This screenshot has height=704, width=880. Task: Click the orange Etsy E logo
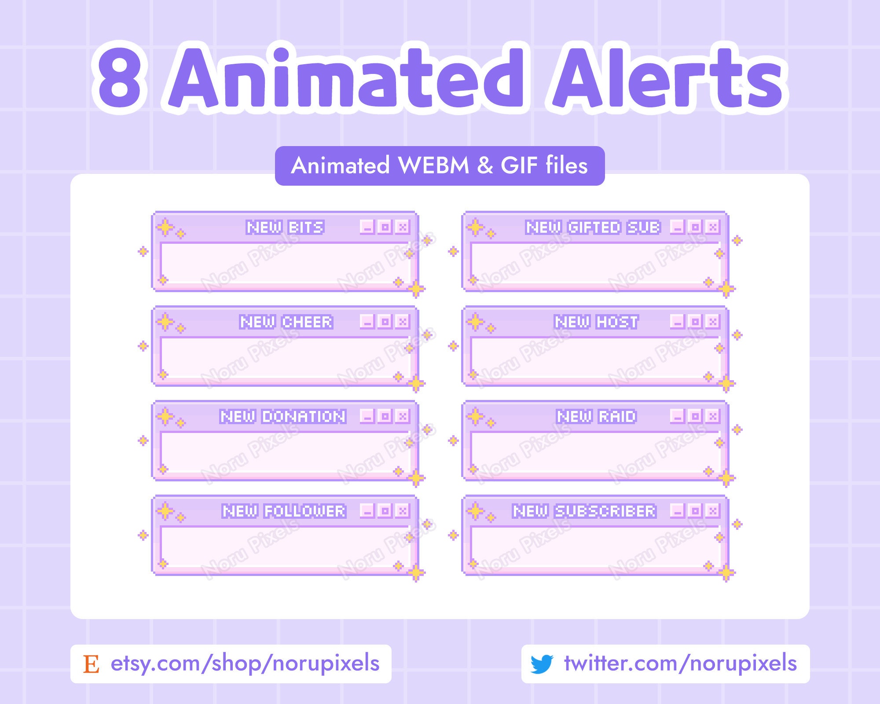coord(91,664)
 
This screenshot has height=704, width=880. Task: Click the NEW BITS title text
coord(285,227)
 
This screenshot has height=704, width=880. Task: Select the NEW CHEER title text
coord(286,322)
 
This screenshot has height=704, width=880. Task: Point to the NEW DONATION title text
coord(283,417)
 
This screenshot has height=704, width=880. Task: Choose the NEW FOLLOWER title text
coord(284,511)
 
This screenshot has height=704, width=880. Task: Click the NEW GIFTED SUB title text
coord(593,227)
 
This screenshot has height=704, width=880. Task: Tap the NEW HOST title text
coord(596,322)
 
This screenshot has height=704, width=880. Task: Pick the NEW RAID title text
coord(596,417)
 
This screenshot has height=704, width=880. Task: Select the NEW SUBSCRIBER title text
coord(584,511)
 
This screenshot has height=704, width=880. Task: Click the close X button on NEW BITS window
coord(402,227)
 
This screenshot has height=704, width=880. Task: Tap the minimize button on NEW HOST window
coord(677,322)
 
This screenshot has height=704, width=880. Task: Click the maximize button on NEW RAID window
coord(695,416)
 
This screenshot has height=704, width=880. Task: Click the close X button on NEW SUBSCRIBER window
coord(712,511)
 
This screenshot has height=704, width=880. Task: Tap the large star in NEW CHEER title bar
coord(165,322)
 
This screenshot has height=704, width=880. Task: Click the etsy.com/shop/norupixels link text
coord(245,664)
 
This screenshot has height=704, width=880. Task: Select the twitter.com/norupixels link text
coord(680,664)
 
